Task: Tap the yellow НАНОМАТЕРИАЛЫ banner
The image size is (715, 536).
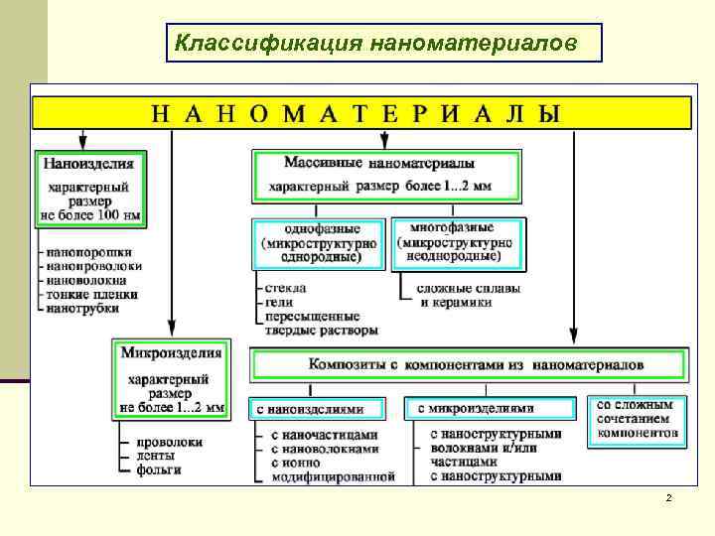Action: (361, 112)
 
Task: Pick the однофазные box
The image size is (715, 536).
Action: (317, 243)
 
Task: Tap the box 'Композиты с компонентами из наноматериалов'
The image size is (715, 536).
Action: (470, 365)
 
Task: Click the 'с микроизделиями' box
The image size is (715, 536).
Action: (490, 408)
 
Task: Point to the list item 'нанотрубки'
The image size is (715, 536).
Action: (84, 309)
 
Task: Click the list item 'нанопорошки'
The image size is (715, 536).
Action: (89, 253)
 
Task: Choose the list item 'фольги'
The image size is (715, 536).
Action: (158, 469)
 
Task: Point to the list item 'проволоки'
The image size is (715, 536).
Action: (170, 442)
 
